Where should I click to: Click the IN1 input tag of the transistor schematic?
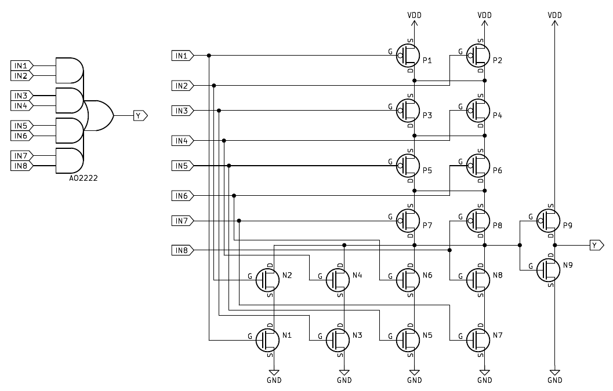pos(182,56)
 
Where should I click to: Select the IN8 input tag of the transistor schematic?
pos(182,250)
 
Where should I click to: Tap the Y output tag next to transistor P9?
pos(596,246)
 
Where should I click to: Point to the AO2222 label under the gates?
pos(83,178)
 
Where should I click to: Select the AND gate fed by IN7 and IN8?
pos(68,161)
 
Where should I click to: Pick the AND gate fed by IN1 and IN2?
pos(68,71)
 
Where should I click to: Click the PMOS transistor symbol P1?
pos(408,56)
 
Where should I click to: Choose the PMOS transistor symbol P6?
pos(478,166)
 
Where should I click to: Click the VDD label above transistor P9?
pos(555,14)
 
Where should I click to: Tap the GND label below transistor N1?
pos(274,381)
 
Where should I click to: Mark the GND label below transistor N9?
pos(555,381)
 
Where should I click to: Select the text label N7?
pos(498,335)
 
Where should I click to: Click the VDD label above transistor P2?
pos(485,14)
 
